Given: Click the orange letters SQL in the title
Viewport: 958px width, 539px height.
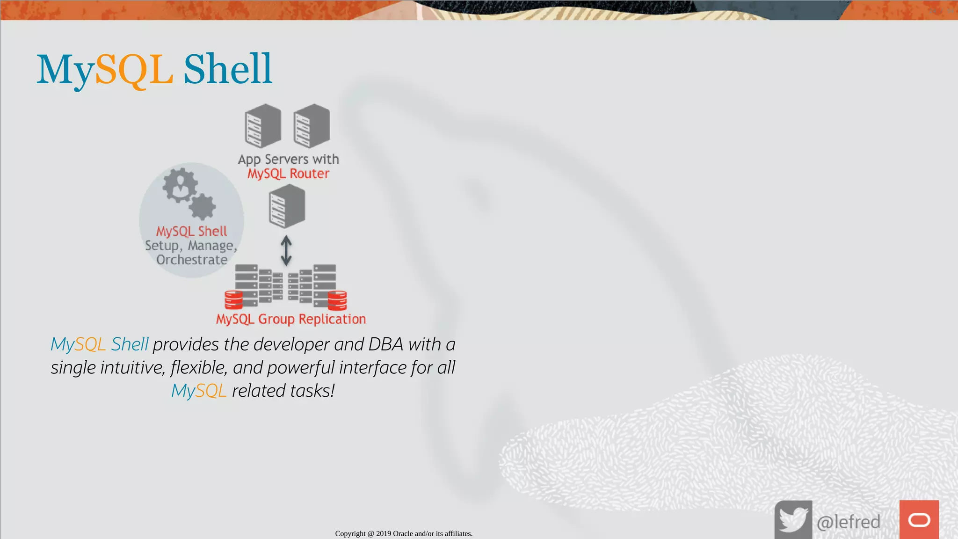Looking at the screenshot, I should coord(134,70).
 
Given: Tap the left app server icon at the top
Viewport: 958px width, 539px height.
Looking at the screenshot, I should coord(263,125).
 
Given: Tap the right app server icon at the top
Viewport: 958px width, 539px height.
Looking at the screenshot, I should coord(312,125).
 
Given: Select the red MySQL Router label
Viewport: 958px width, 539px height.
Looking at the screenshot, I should coord(288,174).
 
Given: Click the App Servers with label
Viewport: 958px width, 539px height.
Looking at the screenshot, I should coord(288,159).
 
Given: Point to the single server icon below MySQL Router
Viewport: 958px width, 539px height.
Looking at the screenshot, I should coord(287,206).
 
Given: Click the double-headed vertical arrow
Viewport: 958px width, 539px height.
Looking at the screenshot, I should coord(286,251).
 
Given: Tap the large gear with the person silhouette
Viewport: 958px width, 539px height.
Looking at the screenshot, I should coord(179,186).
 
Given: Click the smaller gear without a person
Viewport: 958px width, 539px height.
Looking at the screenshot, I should coord(202,207).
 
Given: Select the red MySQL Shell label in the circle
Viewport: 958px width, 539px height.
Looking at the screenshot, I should coord(191,231).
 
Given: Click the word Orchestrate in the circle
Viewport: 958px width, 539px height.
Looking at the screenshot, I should coord(192,260).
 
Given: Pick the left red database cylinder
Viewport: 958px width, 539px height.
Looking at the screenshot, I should coord(233,300).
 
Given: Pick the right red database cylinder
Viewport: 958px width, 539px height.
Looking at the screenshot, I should coord(337,300).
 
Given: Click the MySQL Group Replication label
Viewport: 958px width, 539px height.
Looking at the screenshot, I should coord(290,319).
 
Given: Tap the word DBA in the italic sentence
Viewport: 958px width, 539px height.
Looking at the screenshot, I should coord(385,344).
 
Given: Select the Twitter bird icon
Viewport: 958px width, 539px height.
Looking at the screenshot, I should coord(793,520).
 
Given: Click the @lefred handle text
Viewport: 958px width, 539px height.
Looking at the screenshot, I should coord(848,522).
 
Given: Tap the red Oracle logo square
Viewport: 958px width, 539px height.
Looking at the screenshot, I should coord(919,520).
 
